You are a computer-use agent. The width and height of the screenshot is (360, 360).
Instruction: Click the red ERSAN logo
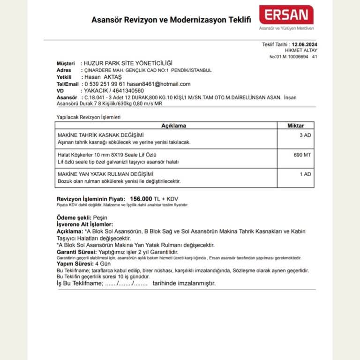(x=286, y=15)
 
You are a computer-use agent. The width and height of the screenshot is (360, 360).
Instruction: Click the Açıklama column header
(x=173, y=126)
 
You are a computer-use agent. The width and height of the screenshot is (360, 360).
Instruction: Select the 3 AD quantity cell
(x=305, y=135)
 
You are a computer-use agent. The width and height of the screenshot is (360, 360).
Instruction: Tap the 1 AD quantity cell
(x=305, y=174)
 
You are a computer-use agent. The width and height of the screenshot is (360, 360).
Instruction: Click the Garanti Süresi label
(x=75, y=252)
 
